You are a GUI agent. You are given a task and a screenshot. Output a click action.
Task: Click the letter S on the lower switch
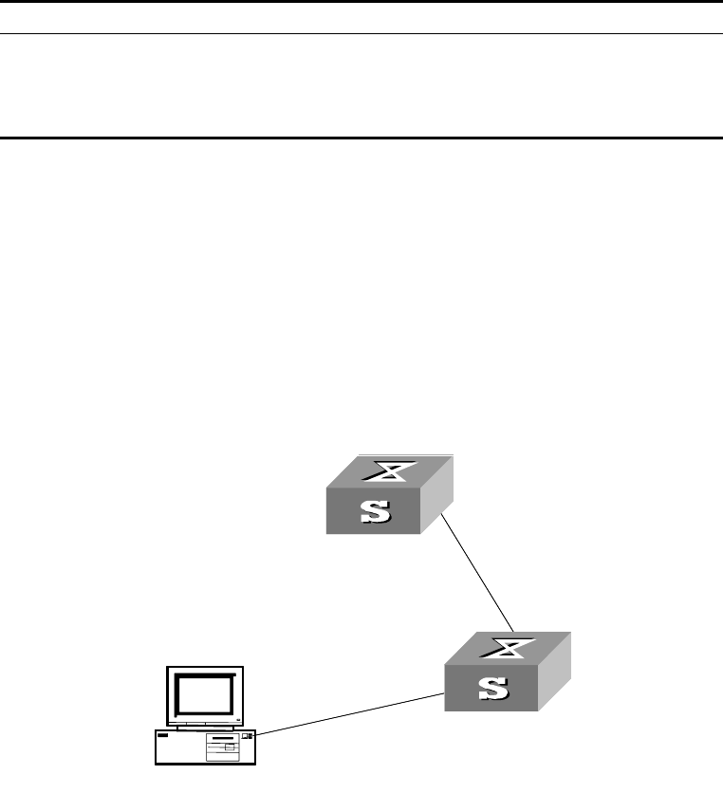point(493,688)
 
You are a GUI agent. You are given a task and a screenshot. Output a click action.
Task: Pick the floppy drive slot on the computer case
point(222,737)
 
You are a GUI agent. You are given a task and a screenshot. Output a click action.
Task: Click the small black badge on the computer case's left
point(162,736)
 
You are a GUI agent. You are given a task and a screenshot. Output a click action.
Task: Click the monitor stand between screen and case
point(202,728)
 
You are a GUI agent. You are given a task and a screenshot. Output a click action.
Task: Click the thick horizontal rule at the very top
point(361,2)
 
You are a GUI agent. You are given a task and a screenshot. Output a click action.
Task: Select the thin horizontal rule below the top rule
point(361,34)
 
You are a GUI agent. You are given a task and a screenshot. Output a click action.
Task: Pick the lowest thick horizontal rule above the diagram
point(361,138)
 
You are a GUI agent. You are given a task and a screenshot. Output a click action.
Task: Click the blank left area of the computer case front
point(180,750)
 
